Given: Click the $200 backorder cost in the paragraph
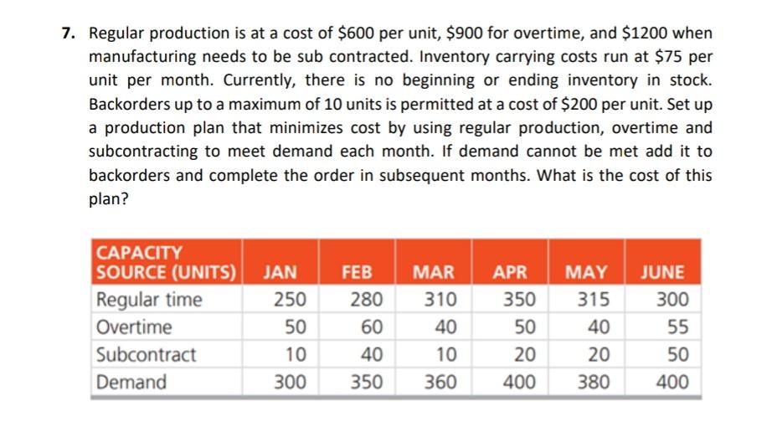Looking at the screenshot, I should coord(560,105).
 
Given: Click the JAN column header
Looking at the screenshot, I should coord(280,272).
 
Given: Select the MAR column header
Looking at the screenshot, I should coord(434,272).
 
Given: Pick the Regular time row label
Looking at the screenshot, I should coord(149,300).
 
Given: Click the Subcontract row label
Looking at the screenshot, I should coord(147,354).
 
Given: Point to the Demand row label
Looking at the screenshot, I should coord(131,382).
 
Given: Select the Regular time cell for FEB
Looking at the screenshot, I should coord(366,300).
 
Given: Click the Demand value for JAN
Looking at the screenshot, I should coord(289,382).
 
